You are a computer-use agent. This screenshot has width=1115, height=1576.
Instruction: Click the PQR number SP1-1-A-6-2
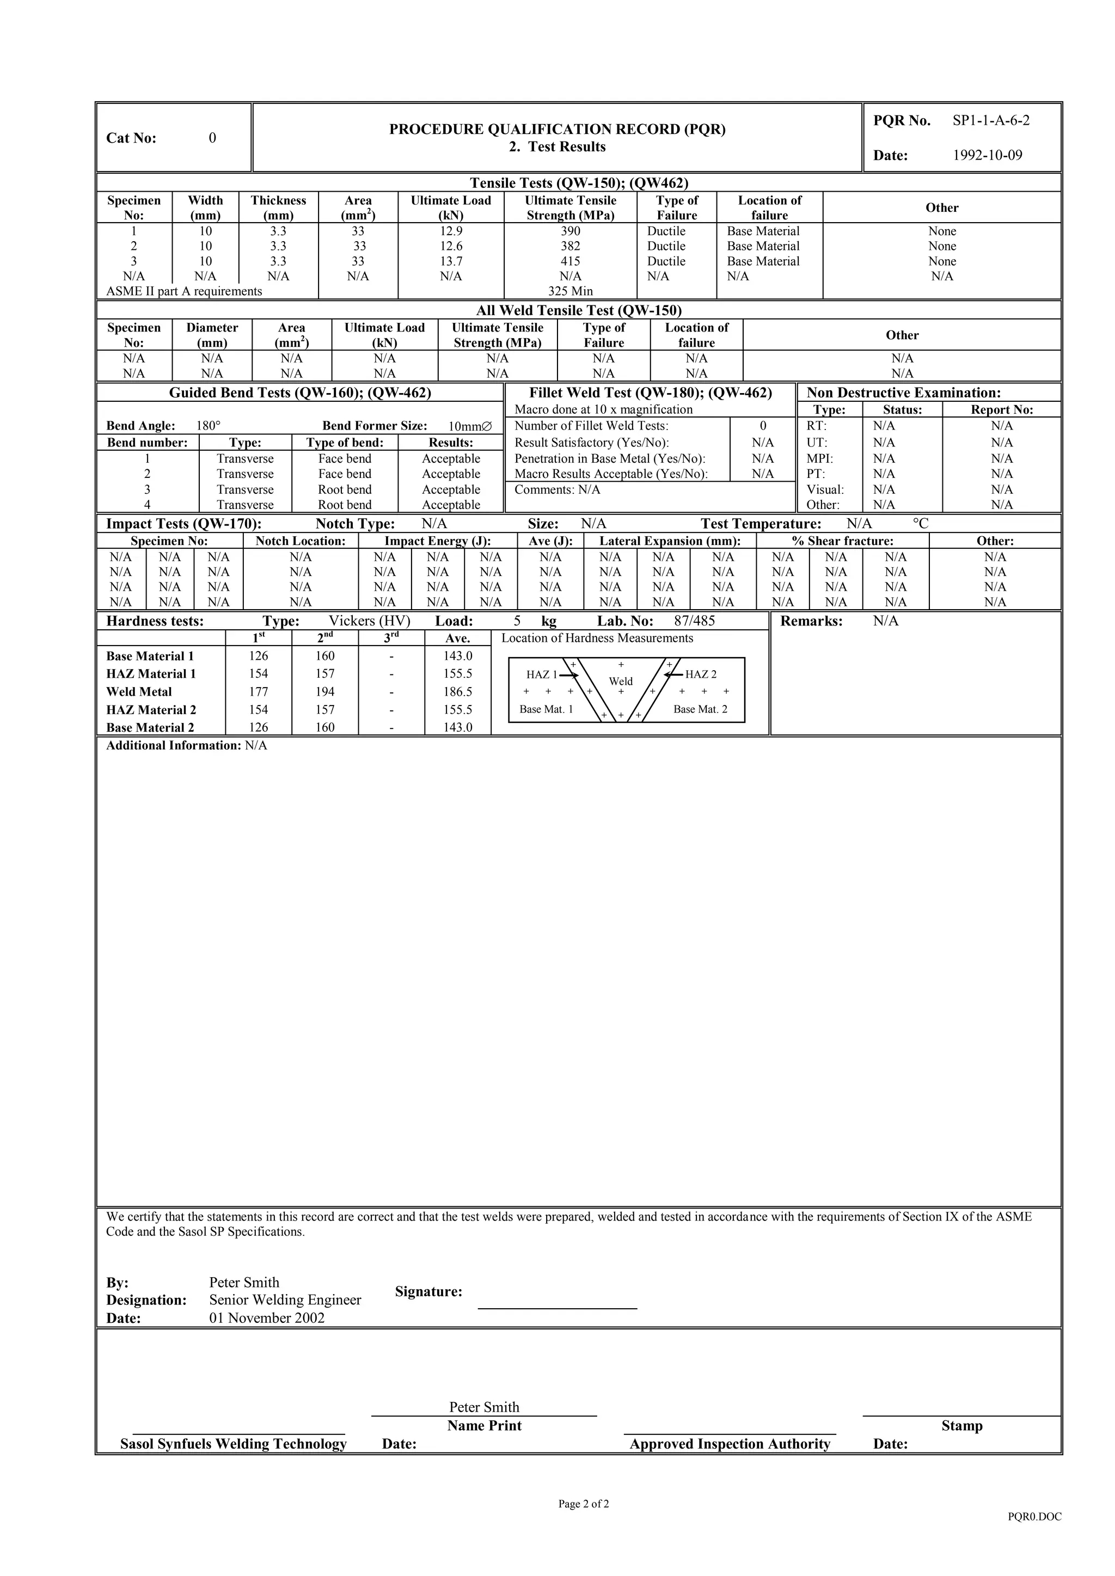[991, 121]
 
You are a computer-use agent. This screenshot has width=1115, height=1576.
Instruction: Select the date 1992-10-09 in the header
[987, 155]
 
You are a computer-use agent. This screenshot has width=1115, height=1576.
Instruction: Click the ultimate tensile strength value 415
[570, 261]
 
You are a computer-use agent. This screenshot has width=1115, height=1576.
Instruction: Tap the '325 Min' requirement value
[570, 291]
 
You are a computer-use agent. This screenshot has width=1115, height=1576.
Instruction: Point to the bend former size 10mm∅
[470, 426]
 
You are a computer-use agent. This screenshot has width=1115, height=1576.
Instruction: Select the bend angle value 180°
[209, 426]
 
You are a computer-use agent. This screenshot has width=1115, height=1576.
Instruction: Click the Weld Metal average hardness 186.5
[457, 692]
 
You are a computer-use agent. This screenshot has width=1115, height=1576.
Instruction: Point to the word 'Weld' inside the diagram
[621, 681]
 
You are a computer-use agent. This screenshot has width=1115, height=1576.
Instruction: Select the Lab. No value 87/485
[694, 621]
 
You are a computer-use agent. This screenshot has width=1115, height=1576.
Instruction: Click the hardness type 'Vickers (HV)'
[369, 621]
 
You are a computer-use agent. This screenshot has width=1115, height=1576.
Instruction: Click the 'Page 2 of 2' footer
[584, 1504]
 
